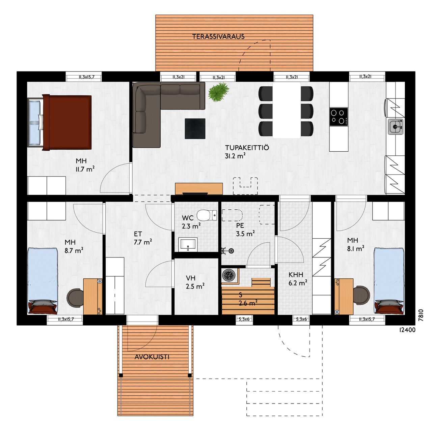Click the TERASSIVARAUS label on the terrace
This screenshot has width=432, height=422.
pyautogui.click(x=218, y=37)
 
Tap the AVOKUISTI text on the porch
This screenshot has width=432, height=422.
pyautogui.click(x=152, y=357)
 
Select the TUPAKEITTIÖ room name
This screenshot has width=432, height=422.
pyautogui.click(x=247, y=148)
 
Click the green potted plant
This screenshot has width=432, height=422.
pyautogui.click(x=218, y=92)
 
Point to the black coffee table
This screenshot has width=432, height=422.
pyautogui.click(x=195, y=129)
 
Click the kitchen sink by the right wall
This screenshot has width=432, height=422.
pyautogui.click(x=396, y=127)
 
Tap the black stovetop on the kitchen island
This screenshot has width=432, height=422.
pyautogui.click(x=339, y=117)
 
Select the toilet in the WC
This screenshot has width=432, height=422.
pyautogui.click(x=207, y=215)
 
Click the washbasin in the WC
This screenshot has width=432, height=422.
pyautogui.click(x=188, y=244)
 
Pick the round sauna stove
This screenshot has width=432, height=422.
pyautogui.click(x=228, y=275)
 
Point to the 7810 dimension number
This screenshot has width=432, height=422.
pyautogui.click(x=421, y=315)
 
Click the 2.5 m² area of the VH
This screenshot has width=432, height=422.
pyautogui.click(x=195, y=287)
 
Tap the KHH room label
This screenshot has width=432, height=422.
pyautogui.click(x=296, y=275)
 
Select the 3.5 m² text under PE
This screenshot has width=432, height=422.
pyautogui.click(x=245, y=234)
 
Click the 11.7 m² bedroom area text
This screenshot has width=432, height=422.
pyautogui.click(x=85, y=169)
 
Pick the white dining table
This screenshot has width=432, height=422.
pyautogui.click(x=287, y=111)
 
